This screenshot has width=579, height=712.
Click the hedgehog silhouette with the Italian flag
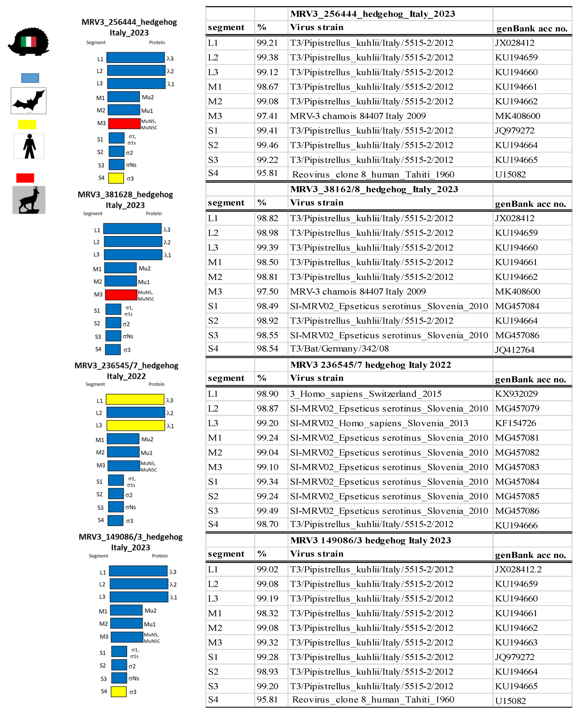point(29,42)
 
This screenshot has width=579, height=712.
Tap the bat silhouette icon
point(29,101)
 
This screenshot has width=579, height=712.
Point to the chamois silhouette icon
point(29,200)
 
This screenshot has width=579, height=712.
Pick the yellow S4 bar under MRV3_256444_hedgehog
point(116,178)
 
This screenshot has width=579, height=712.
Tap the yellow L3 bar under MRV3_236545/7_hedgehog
point(136,426)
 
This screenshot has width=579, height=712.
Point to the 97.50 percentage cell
point(268,291)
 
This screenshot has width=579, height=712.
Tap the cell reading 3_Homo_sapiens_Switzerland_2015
point(365,394)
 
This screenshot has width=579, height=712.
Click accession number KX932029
point(516,394)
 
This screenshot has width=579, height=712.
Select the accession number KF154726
point(516,423)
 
